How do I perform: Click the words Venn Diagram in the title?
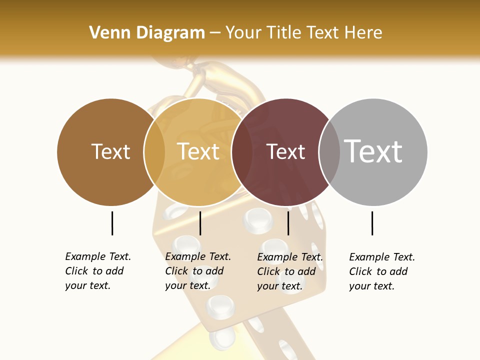(x=147, y=33)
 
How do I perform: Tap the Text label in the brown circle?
(x=110, y=151)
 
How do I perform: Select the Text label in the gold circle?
(x=198, y=151)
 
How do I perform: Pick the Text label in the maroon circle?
(x=285, y=151)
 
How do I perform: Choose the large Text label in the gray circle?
(x=373, y=151)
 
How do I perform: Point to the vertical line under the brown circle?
(x=112, y=223)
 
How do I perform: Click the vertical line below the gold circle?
(x=200, y=223)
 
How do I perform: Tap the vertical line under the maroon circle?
(x=288, y=223)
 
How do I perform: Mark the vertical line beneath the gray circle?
(x=372, y=223)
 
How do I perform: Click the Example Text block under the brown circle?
(x=97, y=271)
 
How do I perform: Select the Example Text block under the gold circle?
(x=197, y=271)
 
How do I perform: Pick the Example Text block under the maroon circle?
(x=289, y=271)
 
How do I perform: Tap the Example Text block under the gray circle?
(x=381, y=271)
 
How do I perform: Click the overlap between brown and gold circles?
(x=154, y=151)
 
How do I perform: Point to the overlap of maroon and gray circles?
(x=329, y=151)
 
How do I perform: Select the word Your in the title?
(x=243, y=33)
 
